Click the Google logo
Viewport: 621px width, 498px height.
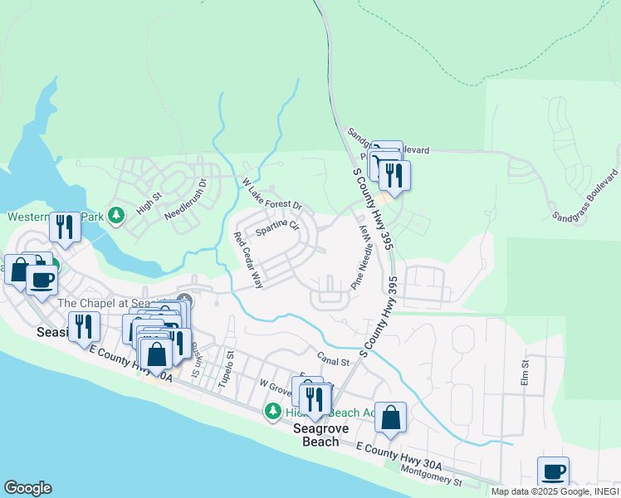[27, 488]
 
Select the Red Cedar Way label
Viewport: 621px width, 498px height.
[248, 261]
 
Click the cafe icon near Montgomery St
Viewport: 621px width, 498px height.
[553, 472]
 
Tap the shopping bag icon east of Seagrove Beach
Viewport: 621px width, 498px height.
[391, 417]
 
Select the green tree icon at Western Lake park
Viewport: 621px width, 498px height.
[116, 216]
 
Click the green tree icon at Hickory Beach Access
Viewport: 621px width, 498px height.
[272, 412]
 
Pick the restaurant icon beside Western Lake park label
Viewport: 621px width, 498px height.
[65, 226]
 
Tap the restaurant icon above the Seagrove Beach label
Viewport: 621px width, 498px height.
[313, 398]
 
